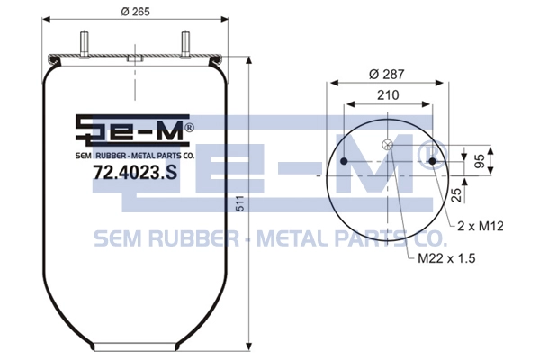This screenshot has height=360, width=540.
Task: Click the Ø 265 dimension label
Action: pos(135,12)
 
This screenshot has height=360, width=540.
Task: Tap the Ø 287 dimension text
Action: pos(386,75)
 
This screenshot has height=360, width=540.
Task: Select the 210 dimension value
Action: pos(388,94)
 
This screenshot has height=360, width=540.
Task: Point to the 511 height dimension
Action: pos(240,203)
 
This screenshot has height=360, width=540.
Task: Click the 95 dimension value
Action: pos(480,161)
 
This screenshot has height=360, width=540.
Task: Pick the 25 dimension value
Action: pos(456,195)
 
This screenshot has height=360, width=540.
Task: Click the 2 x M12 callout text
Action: pos(481,226)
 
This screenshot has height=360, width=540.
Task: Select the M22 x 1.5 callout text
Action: pos(446,258)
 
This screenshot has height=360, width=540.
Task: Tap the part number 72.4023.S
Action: pos(135,172)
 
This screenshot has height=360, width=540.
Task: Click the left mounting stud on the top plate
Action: pos(85,44)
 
